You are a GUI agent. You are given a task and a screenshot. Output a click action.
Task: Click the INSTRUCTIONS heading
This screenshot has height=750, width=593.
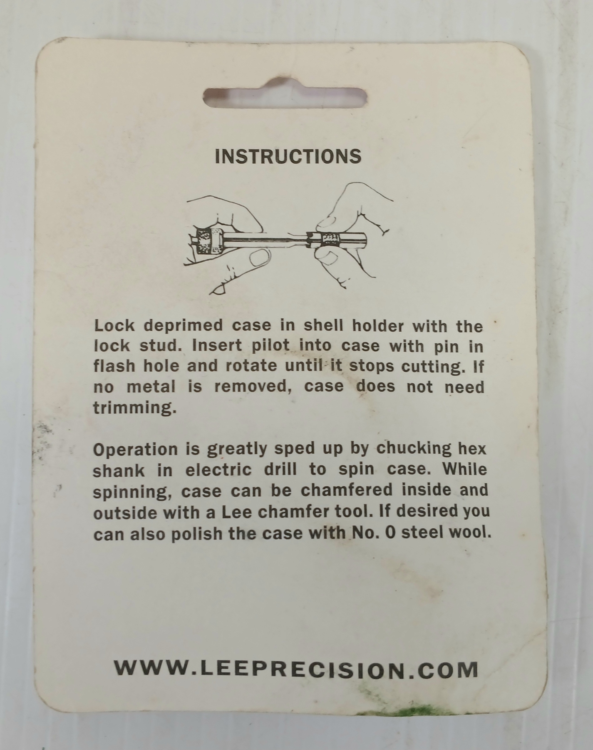coord(288,156)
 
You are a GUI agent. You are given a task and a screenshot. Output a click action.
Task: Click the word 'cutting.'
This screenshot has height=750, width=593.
coord(433,367)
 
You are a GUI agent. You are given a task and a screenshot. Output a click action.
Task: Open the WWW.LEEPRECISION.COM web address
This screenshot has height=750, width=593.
coord(296,670)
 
